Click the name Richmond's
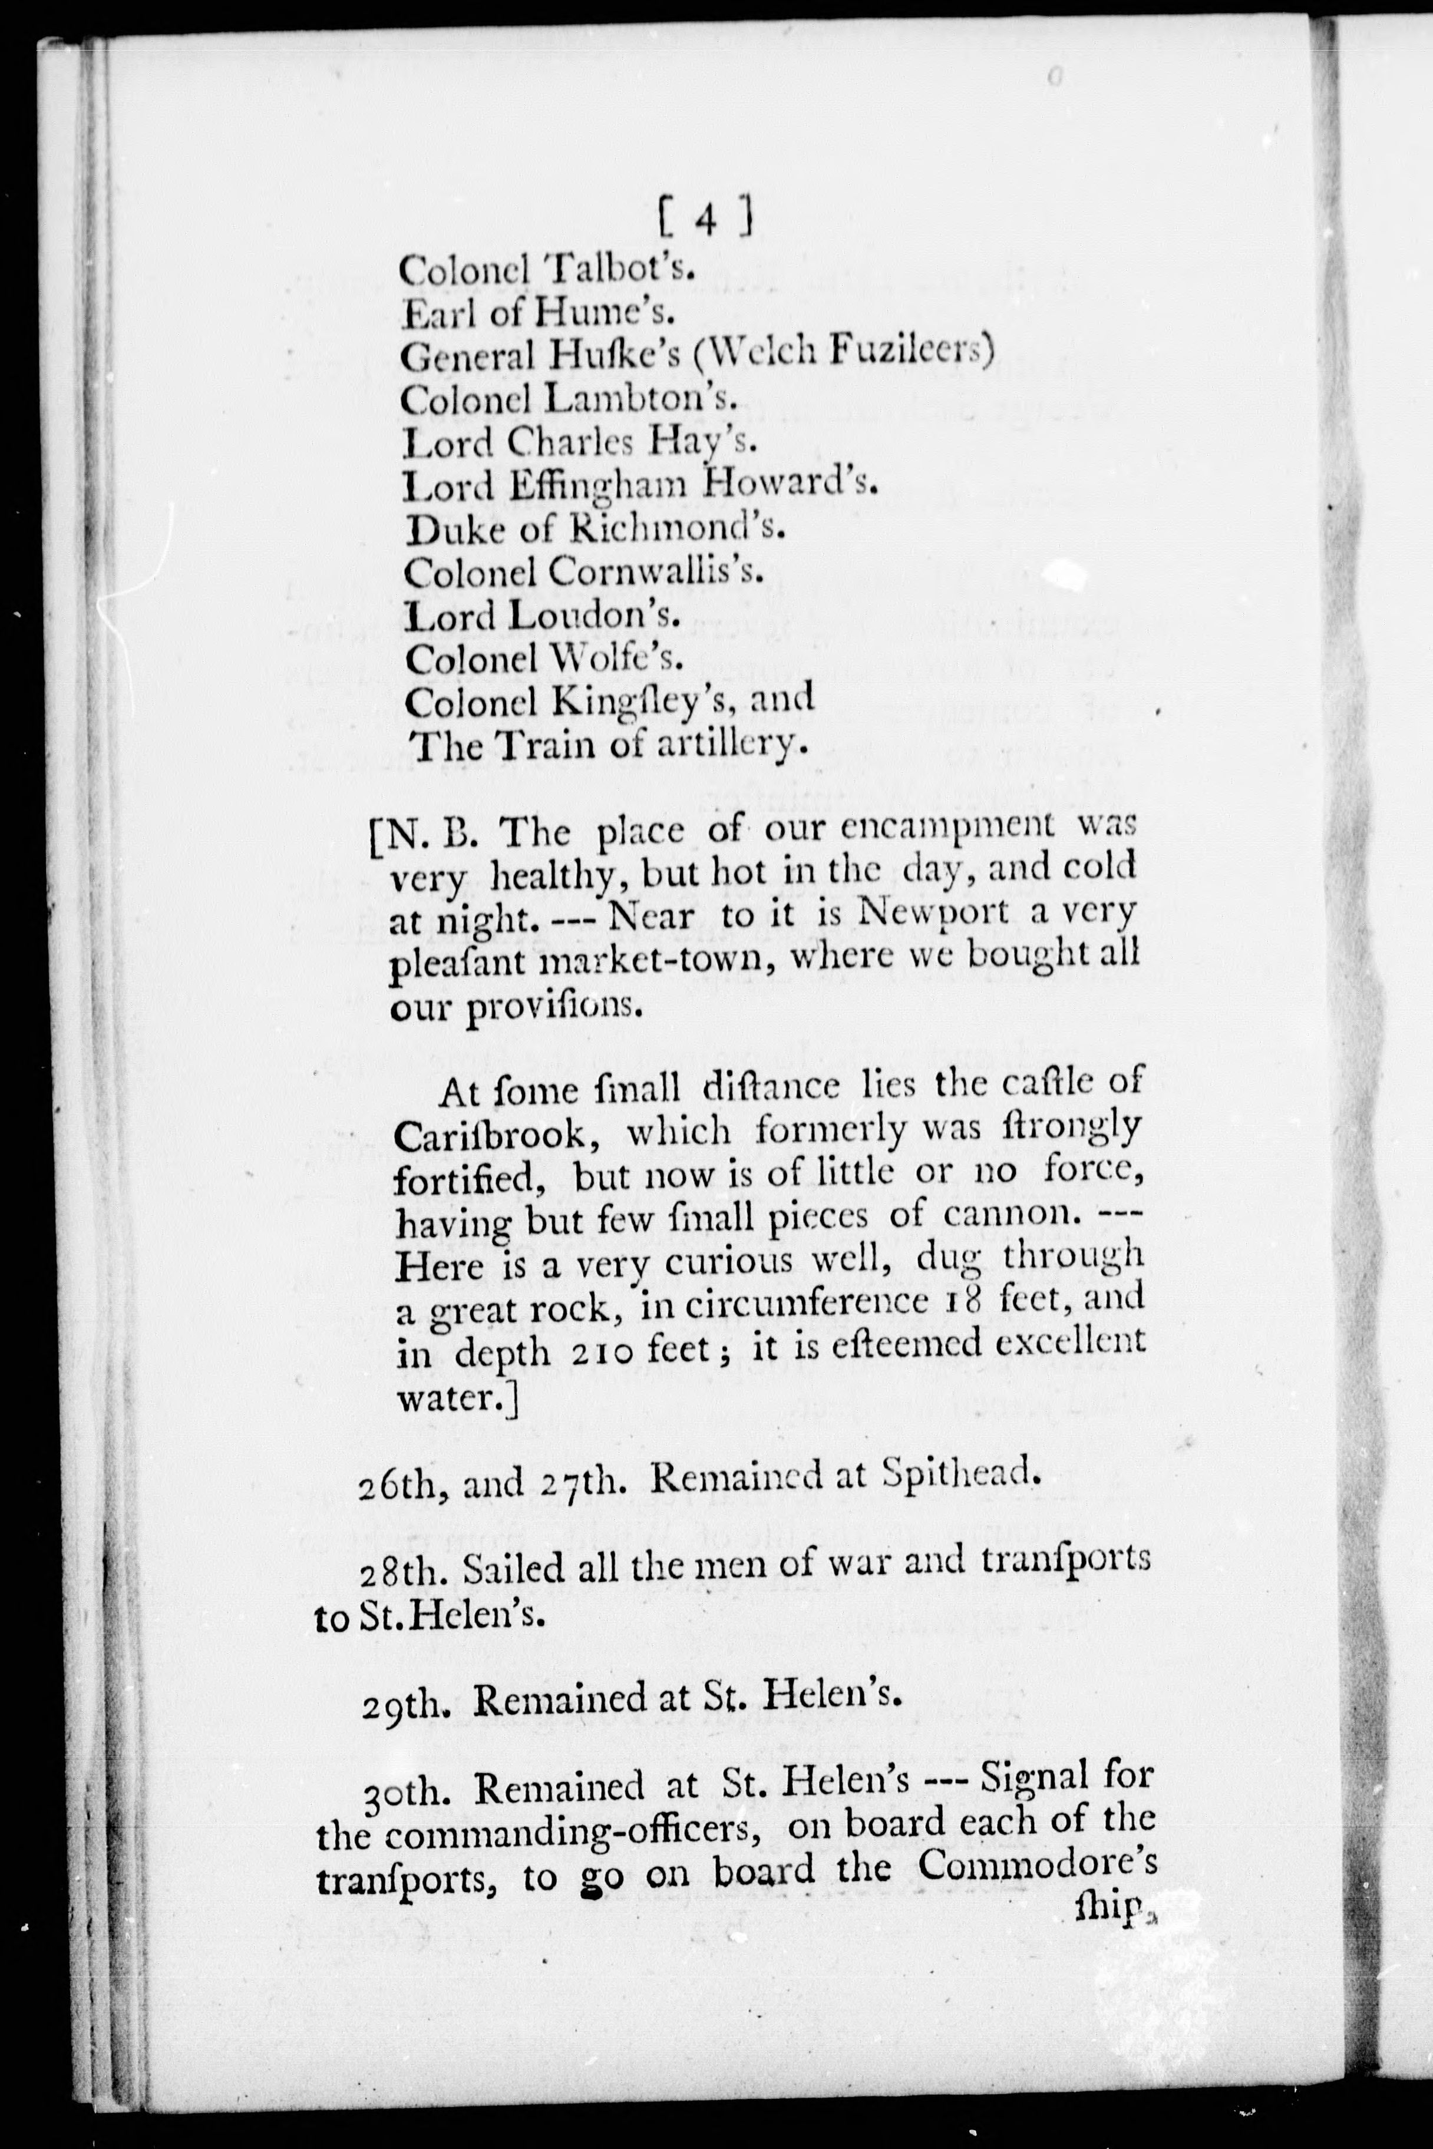point(677,527)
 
